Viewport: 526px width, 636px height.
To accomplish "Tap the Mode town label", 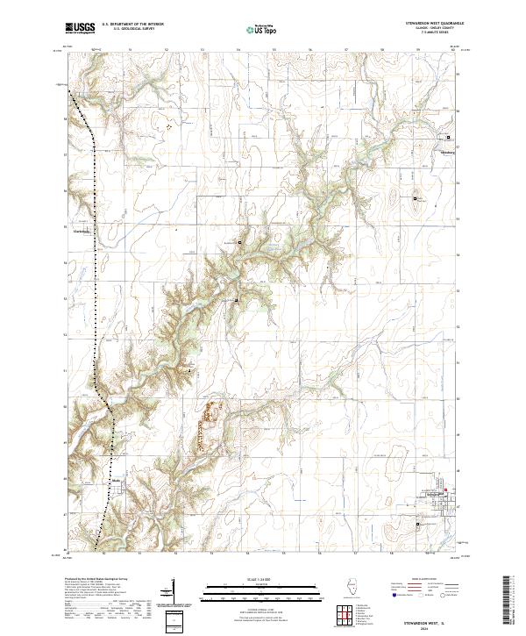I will pos(116,482).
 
